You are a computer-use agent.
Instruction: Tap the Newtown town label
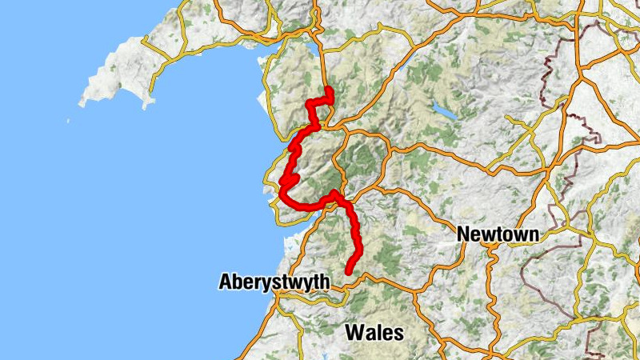(x=497, y=234)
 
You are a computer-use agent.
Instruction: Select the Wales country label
(x=374, y=331)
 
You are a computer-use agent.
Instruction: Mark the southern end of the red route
(x=349, y=273)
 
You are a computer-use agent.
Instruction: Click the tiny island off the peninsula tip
(x=67, y=122)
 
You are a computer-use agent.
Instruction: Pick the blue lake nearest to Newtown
(x=446, y=112)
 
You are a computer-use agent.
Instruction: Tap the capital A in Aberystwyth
(x=226, y=282)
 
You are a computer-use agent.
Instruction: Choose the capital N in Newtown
(x=463, y=234)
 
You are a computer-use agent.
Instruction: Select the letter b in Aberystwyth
(x=237, y=282)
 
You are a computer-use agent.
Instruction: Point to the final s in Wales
(x=398, y=332)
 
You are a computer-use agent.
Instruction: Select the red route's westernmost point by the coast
(x=282, y=189)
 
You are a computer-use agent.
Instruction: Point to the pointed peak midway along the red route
(x=334, y=193)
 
